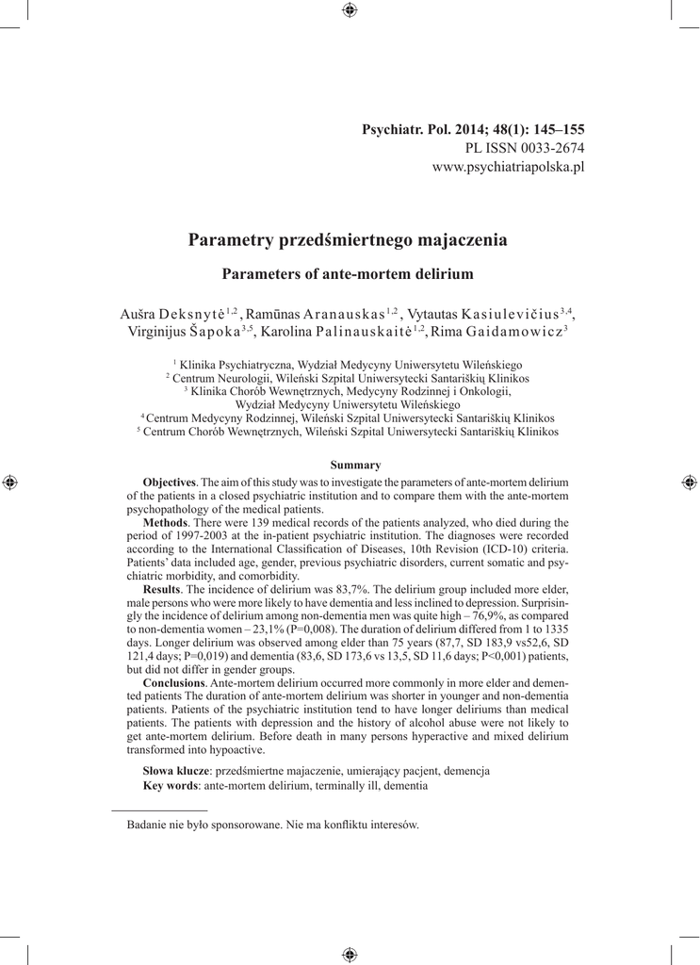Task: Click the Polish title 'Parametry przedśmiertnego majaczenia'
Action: [x=349, y=240]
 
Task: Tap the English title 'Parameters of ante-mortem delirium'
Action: [x=348, y=274]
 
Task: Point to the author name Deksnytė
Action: [x=190, y=314]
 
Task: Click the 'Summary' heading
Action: [x=355, y=465]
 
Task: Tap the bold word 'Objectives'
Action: [x=170, y=482]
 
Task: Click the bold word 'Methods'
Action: [x=166, y=522]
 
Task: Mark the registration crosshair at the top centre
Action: [x=350, y=10]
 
